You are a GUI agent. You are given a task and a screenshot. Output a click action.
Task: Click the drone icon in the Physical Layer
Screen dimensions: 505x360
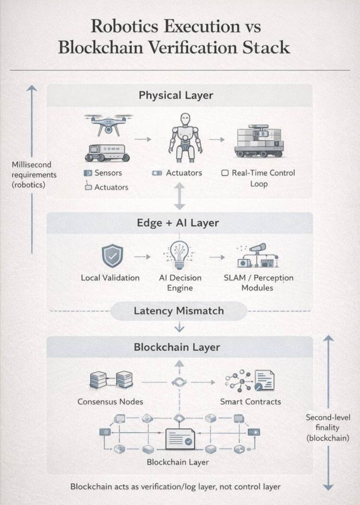[x=108, y=123]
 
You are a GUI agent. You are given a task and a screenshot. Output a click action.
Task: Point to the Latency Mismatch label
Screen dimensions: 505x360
[x=179, y=311]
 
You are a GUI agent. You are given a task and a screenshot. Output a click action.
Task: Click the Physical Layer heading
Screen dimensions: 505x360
[x=176, y=95]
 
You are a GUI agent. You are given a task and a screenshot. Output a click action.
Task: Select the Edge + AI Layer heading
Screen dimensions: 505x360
[x=178, y=223]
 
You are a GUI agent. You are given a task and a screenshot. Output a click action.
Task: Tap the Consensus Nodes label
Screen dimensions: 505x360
[x=110, y=401]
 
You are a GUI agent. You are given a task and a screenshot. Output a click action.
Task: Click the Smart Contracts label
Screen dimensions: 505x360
[x=251, y=401]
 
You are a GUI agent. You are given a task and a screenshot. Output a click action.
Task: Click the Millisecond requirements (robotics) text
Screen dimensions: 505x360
[x=34, y=175]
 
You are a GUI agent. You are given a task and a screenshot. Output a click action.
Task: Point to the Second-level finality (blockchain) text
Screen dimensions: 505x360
[x=328, y=427]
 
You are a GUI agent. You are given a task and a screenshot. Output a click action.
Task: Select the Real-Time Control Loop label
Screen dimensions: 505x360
[x=259, y=178]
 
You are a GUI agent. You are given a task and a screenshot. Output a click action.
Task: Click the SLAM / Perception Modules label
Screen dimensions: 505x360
[x=258, y=283]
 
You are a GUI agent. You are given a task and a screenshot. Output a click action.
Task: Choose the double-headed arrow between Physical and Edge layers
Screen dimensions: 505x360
[x=179, y=196]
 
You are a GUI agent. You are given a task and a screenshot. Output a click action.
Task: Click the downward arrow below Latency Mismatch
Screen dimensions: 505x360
[x=179, y=327]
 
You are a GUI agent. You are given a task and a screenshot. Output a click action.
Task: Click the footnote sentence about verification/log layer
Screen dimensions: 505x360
[x=175, y=486]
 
